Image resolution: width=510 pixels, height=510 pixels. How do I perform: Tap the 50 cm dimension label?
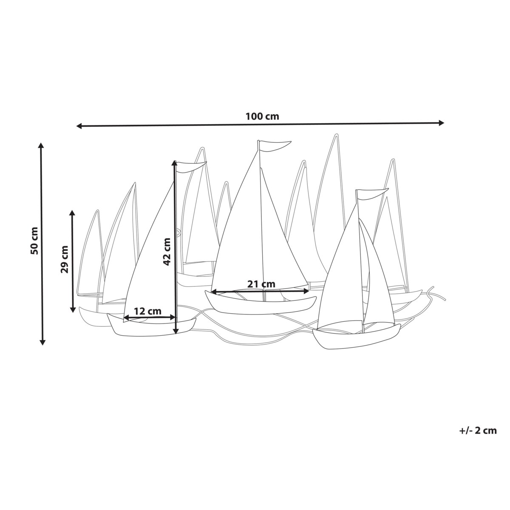[34, 241]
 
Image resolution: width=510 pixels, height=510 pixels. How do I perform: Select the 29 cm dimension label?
[64, 259]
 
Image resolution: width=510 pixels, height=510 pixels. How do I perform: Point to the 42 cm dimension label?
[167, 251]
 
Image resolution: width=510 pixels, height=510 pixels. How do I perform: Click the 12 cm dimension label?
[147, 311]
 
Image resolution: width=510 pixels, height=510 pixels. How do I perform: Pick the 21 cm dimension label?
[261, 284]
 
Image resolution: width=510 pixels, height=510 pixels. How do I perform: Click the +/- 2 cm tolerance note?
[478, 431]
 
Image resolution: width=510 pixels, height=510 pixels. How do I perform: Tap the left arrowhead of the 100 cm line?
[79, 126]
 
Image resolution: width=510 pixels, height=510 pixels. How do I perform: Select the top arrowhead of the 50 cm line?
[41, 145]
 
